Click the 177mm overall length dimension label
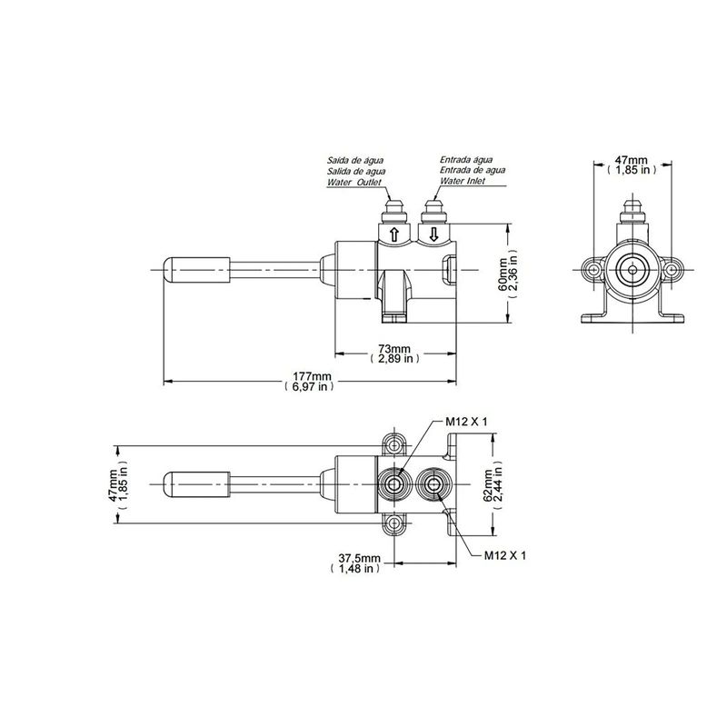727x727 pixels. [309, 381]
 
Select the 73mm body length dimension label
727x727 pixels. [395, 354]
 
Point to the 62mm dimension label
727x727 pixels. [493, 485]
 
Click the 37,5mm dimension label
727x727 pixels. [355, 563]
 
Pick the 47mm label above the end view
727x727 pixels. [632, 165]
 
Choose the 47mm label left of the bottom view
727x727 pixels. [118, 485]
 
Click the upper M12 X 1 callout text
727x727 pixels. [466, 422]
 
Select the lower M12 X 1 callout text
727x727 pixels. [505, 555]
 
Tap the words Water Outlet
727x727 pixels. [354, 183]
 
